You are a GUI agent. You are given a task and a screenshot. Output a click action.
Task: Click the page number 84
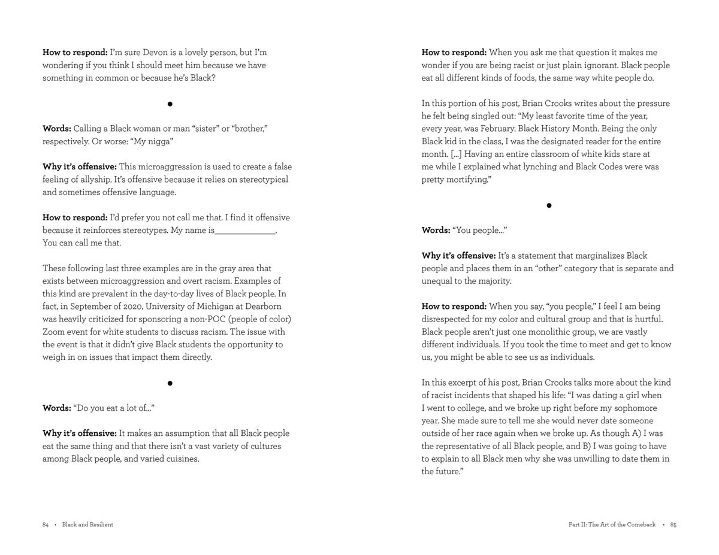pyautogui.click(x=46, y=524)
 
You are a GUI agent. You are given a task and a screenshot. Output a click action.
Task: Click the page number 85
pyautogui.click(x=673, y=524)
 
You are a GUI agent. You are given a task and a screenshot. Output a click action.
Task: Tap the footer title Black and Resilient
pyautogui.click(x=87, y=524)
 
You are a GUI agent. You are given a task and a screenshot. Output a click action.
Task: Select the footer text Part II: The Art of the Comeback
pyautogui.click(x=612, y=524)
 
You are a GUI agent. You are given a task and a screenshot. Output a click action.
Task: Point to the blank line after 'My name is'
pyautogui.click(x=244, y=231)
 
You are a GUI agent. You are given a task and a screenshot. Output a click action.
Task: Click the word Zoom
pyautogui.click(x=53, y=332)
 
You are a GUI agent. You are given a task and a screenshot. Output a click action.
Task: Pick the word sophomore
pyautogui.click(x=637, y=408)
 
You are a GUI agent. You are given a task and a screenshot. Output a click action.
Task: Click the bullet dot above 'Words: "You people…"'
pyautogui.click(x=549, y=205)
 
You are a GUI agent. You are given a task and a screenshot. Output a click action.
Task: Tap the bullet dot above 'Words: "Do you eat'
pyautogui.click(x=170, y=383)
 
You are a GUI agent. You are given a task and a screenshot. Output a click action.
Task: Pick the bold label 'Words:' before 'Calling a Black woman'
pyautogui.click(x=57, y=129)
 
